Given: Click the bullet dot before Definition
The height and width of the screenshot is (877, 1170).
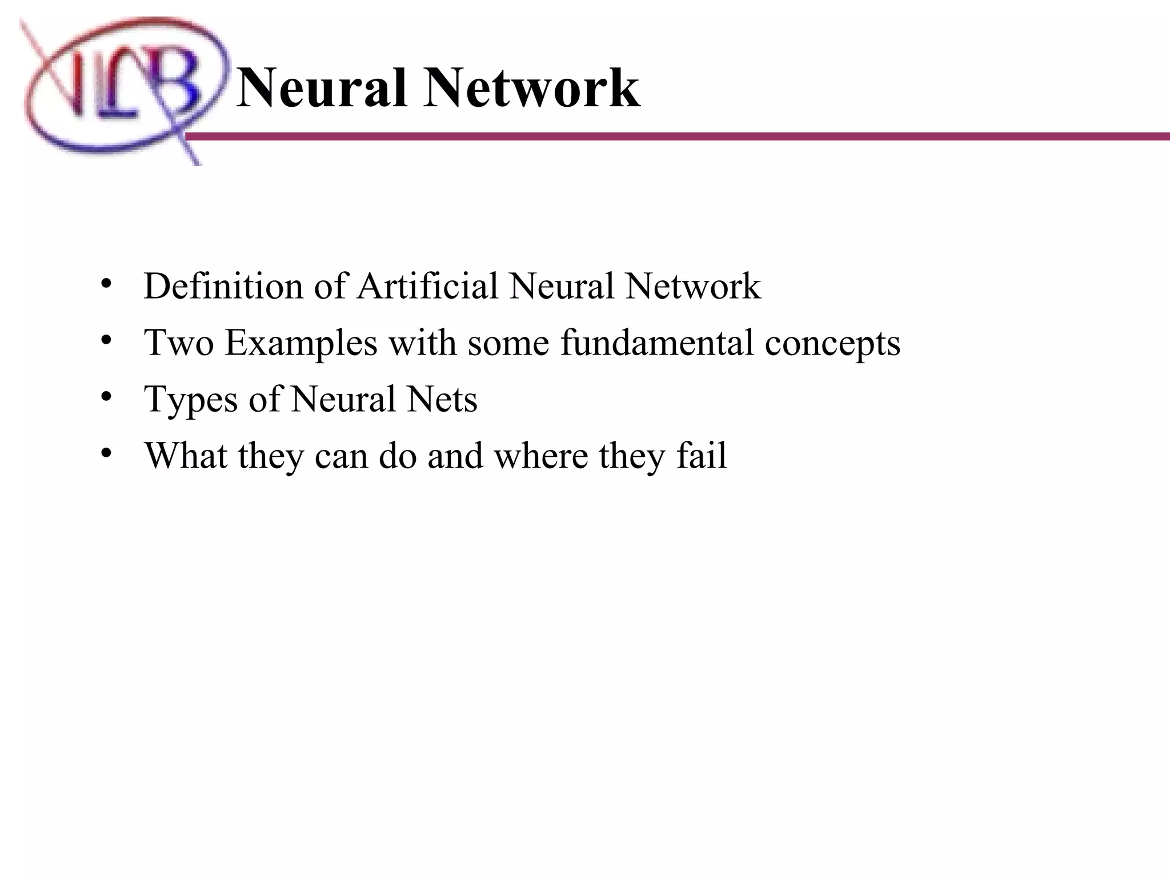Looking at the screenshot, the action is pos(105,284).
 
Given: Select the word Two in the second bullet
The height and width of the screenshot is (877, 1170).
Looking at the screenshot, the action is pos(179,343).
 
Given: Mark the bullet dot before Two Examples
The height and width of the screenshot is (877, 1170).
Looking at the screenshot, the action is pos(105,340).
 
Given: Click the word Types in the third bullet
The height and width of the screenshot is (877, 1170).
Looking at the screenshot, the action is pos(191,400).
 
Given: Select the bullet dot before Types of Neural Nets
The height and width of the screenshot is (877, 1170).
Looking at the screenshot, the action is pos(105,396).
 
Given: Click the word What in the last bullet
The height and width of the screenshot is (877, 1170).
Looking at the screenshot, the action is pos(186,455).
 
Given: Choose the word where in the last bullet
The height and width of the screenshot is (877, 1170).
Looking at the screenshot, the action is pos(540,455).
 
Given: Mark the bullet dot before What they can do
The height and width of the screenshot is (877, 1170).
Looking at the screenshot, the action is pos(105,453).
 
